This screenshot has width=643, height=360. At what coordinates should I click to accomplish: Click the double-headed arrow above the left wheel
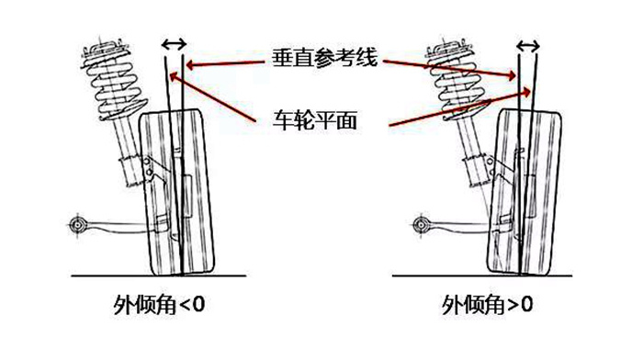[173, 43]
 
